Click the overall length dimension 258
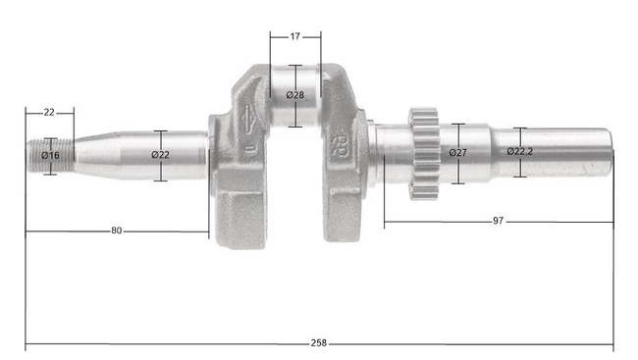pos(318,343)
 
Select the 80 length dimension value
pos(117,231)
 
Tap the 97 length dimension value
pos(498,222)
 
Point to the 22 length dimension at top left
pos(49,113)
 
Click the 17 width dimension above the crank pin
pos(295,36)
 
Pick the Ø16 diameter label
pos(50,155)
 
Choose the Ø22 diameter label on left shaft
pos(161,155)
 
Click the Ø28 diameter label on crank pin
pos(295,95)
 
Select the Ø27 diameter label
pos(457,153)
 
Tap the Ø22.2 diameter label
pos(521,152)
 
